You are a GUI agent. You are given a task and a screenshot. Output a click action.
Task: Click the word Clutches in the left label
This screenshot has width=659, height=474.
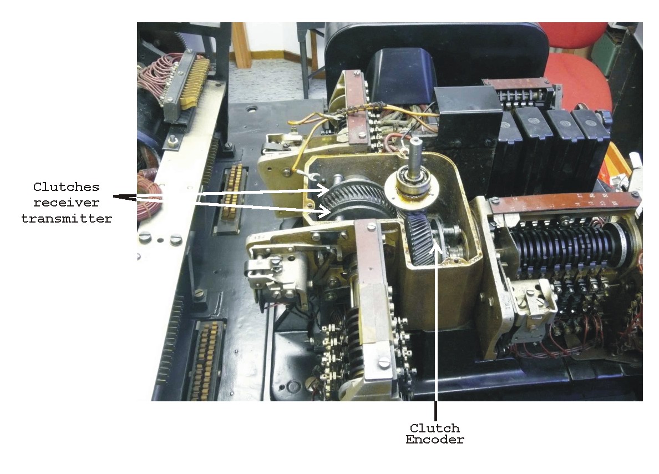67,186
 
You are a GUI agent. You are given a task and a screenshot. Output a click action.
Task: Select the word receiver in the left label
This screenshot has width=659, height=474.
67,203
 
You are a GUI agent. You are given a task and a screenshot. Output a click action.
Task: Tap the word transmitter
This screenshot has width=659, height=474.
67,219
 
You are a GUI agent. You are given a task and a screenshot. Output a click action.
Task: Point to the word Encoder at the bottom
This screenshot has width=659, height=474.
435,440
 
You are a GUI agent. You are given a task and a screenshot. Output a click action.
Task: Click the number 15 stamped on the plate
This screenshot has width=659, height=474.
509,305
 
